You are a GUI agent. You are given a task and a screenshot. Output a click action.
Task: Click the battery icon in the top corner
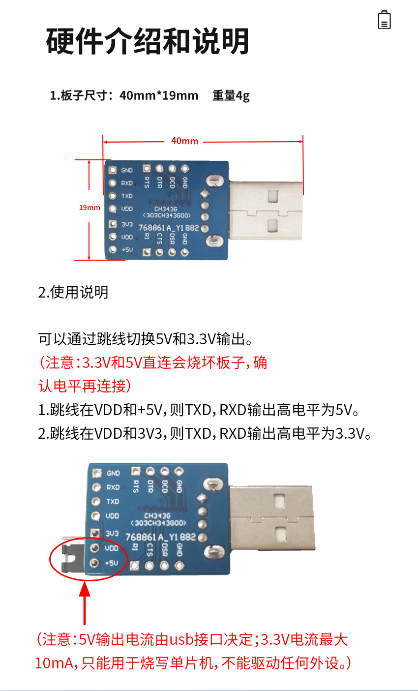pos(385,20)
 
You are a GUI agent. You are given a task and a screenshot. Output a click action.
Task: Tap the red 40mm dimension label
pos(185,141)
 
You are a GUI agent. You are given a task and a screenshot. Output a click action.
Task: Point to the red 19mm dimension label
pos(90,208)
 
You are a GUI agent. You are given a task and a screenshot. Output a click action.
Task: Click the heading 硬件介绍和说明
pos(148,41)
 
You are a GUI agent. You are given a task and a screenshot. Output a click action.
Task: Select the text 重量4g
pos(231,95)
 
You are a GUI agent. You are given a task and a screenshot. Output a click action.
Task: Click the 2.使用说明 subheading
pos(73,292)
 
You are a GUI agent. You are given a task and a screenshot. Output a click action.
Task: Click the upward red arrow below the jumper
pos(85,603)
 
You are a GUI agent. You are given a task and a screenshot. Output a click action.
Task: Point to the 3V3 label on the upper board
pos(127,224)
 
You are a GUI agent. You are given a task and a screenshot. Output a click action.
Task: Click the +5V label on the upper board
pos(127,249)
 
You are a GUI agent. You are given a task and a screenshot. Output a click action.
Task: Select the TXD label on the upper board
pos(127,196)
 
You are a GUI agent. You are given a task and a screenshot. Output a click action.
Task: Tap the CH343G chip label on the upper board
pos(166,209)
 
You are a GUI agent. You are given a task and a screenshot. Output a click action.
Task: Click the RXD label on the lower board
pos(113,487)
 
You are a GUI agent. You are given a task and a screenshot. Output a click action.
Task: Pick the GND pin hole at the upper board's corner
pos(113,170)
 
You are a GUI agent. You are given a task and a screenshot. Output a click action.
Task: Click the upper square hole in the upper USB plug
pos(273,196)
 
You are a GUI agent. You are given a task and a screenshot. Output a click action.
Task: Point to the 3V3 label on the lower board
pos(112,533)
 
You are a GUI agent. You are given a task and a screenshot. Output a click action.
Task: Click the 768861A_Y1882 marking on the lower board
pos(160,537)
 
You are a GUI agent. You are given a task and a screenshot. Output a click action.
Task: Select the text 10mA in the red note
pos(54,663)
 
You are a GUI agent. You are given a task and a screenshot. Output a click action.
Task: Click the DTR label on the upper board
pos(159,182)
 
